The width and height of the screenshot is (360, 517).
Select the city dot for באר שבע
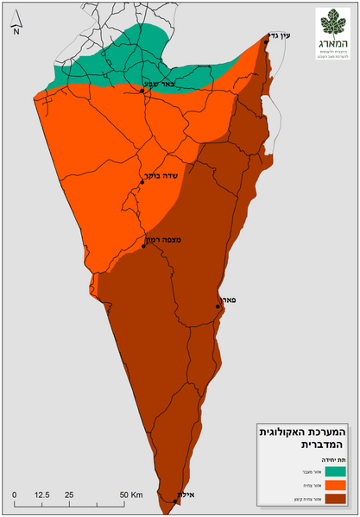pyautogui.click(x=142, y=90)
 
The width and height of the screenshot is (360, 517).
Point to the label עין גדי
pyautogui.click(x=282, y=35)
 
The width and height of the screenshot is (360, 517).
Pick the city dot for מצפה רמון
pyautogui.click(x=143, y=247)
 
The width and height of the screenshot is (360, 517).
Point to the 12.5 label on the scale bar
pyautogui.click(x=41, y=494)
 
